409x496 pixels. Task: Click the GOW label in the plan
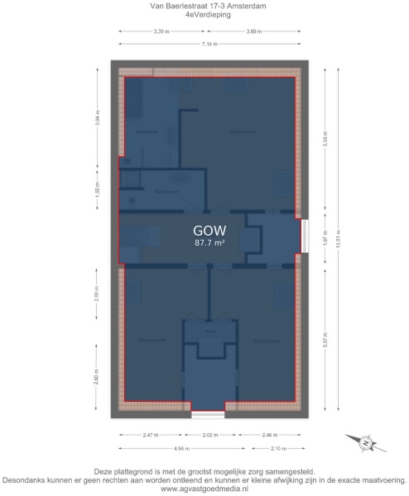tap(209, 230)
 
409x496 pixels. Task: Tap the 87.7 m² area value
tap(209, 243)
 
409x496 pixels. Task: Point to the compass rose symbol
tap(363, 444)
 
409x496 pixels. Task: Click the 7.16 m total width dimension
tap(209, 42)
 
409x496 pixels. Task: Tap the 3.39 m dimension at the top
tap(161, 31)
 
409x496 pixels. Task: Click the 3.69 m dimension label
tap(254, 31)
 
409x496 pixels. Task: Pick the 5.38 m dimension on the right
tap(325, 141)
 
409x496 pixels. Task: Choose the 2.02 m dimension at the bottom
tap(209, 434)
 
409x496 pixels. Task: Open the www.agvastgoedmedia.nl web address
tap(204, 489)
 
